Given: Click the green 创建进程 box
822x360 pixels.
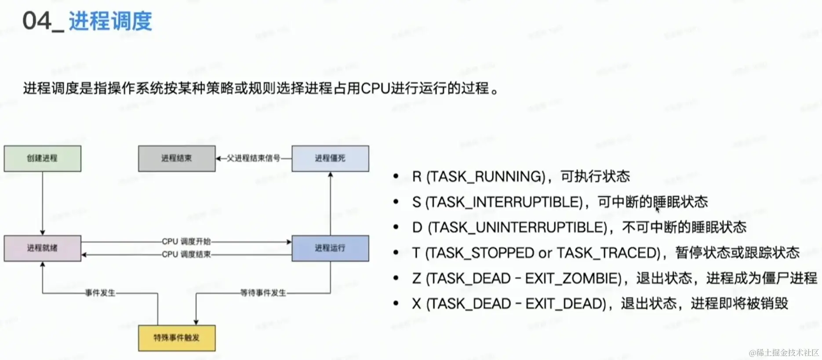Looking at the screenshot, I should point(42,158).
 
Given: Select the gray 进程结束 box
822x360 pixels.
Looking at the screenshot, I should point(177,158).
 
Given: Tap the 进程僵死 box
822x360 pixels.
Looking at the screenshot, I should point(330,158).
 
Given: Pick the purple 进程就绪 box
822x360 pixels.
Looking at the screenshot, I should point(42,248).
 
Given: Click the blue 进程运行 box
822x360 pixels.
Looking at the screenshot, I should point(330,248).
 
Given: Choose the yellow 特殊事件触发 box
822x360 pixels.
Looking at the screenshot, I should point(177,338).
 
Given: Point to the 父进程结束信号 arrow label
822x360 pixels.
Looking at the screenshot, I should point(253,158).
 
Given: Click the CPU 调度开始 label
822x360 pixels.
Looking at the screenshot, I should point(186,241).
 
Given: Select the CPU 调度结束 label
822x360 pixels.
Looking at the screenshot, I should point(186,254).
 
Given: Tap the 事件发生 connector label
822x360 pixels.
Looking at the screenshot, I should point(100,293).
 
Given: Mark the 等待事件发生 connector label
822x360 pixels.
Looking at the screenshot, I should point(263,293).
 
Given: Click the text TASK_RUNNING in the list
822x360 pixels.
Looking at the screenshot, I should point(486,177).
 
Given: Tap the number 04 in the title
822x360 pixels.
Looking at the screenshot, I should point(37,21).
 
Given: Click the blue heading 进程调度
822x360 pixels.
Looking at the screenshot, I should point(110,21).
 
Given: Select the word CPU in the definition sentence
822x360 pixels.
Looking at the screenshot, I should point(376,88).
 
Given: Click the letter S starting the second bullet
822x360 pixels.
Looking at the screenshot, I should point(416,202).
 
